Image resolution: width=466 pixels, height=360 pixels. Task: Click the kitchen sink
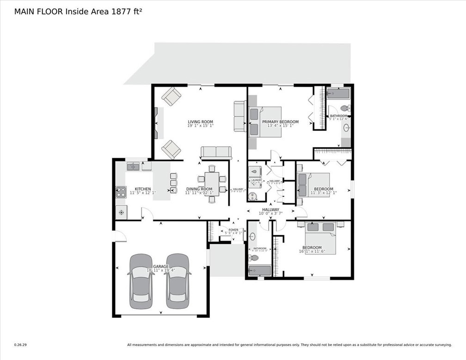coord(134,166)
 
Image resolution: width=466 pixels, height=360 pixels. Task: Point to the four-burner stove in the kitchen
coord(121,192)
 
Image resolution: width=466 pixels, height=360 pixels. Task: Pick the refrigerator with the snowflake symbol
coord(121,212)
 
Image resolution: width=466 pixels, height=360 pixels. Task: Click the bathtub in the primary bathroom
coord(338,94)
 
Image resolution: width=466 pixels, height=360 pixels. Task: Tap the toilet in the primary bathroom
coord(344,108)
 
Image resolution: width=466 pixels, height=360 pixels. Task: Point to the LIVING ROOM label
coord(200,122)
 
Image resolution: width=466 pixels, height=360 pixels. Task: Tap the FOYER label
coord(233,230)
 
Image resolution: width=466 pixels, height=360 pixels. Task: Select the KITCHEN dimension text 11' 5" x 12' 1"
coord(143,192)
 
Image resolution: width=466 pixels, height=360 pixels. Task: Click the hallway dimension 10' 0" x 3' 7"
coord(270,213)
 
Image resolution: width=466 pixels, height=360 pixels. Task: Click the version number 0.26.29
coord(20,344)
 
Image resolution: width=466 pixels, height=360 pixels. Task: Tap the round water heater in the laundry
coord(252,196)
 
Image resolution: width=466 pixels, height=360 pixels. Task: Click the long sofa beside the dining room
coord(216,152)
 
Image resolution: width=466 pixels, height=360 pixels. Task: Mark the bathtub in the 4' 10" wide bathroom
coord(259,271)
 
